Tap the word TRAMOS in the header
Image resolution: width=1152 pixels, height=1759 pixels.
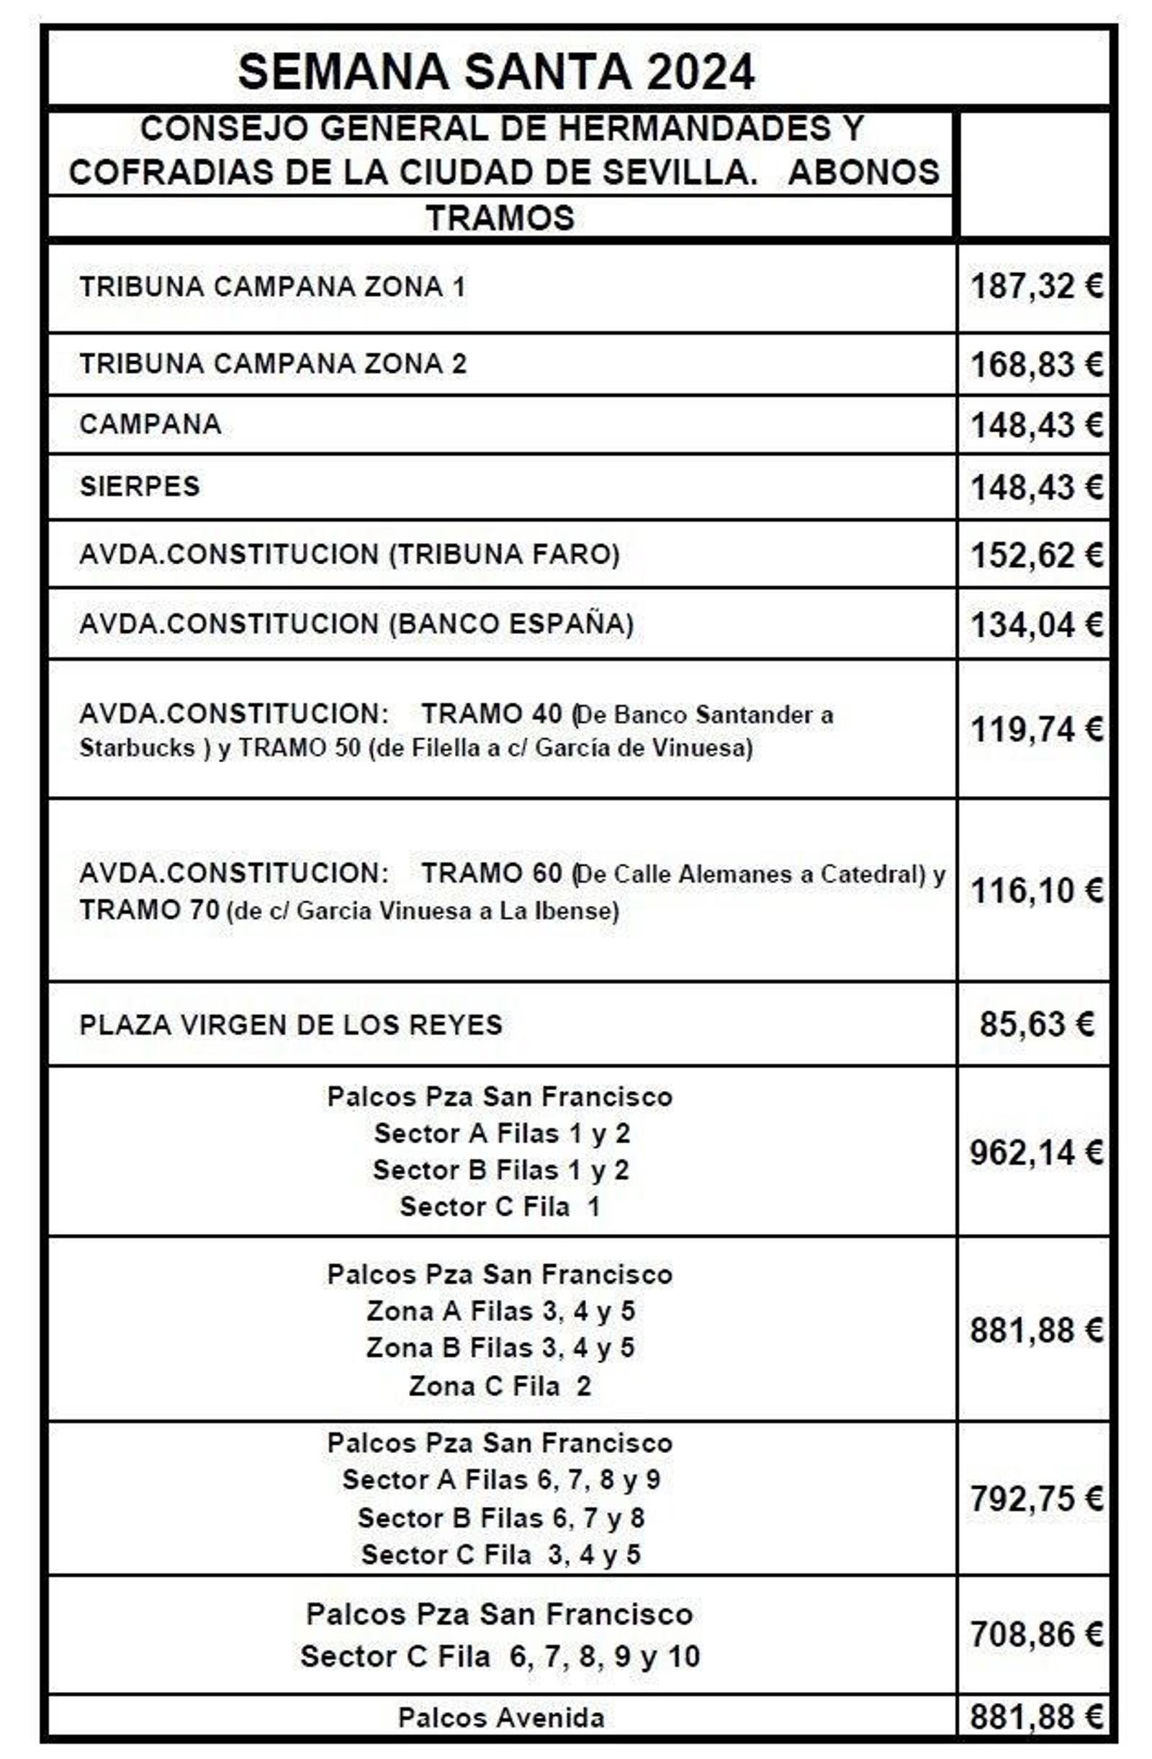click(x=500, y=218)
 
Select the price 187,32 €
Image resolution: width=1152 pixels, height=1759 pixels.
click(x=1035, y=286)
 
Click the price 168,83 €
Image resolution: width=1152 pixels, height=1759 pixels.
click(x=1035, y=364)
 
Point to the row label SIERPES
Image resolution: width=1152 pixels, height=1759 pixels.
click(x=140, y=486)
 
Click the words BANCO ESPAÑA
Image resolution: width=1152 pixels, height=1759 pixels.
click(x=511, y=624)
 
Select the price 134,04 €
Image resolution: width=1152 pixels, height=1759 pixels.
click(x=1035, y=625)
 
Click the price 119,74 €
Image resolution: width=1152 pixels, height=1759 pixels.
click(x=1035, y=730)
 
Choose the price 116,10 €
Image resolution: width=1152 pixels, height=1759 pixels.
click(x=1035, y=890)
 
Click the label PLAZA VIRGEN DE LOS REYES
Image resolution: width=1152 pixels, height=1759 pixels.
click(x=290, y=1025)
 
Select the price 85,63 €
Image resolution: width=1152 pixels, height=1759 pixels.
click(x=1035, y=1024)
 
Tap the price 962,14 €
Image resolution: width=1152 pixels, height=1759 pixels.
click(x=1035, y=1152)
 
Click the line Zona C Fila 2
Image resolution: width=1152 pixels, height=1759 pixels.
click(x=500, y=1386)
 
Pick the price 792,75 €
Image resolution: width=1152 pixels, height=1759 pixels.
click(x=1035, y=1499)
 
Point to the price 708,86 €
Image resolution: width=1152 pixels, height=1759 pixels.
click(x=1035, y=1634)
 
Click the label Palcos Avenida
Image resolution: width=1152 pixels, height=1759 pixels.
click(x=501, y=1718)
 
